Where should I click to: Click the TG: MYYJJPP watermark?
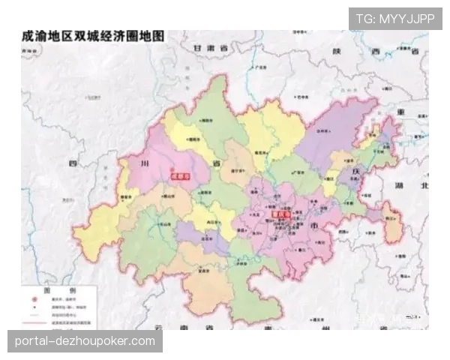395,18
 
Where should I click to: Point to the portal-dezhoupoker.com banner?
86,341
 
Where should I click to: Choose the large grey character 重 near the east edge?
400,112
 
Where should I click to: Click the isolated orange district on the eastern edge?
391,223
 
